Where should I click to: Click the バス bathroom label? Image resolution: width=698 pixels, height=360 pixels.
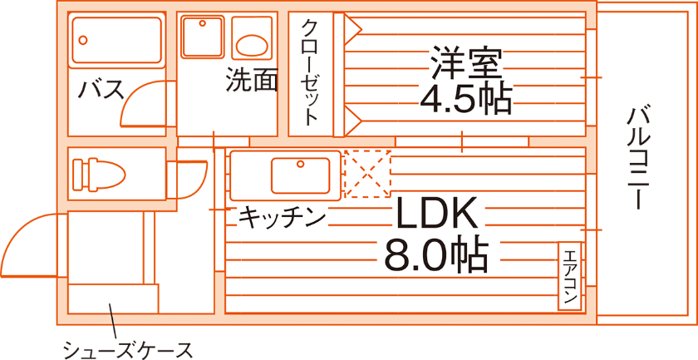click(101, 88)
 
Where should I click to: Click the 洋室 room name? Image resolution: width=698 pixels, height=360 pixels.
click(465, 63)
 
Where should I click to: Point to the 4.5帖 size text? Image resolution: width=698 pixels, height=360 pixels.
click(465, 100)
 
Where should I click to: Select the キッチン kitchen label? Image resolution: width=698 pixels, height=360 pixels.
click(282, 218)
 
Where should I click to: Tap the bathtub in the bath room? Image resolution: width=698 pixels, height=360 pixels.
click(116, 39)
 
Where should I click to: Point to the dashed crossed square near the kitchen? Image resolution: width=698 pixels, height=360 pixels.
click(366, 174)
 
